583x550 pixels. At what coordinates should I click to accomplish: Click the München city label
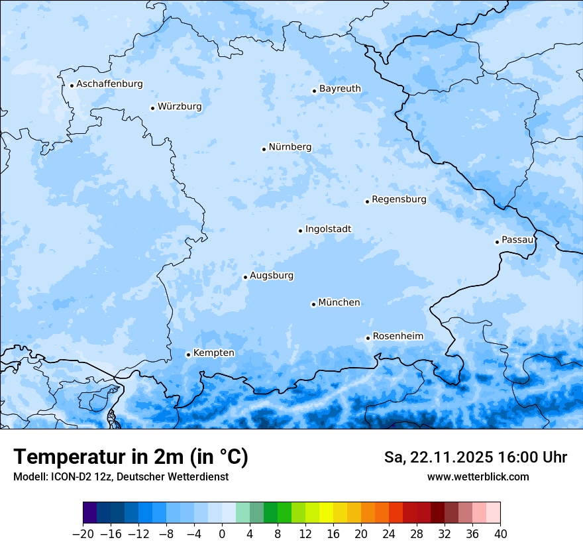(x=339, y=303)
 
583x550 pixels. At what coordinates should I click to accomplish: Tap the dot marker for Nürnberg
(x=264, y=149)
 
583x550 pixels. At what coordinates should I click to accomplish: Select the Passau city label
(x=517, y=240)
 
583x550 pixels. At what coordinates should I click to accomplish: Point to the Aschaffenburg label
(x=109, y=84)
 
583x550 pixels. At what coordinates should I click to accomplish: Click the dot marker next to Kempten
(x=188, y=355)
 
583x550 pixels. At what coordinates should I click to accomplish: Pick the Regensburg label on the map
(x=399, y=199)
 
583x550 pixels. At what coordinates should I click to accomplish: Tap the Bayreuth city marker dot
(x=315, y=91)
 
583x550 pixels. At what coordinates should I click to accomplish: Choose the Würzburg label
(x=180, y=107)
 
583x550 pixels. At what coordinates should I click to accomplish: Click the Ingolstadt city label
(x=328, y=229)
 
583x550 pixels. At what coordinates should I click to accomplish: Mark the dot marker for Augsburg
(x=245, y=277)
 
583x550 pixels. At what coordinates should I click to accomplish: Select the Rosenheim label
(x=397, y=337)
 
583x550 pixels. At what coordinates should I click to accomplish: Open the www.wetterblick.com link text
(x=478, y=476)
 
